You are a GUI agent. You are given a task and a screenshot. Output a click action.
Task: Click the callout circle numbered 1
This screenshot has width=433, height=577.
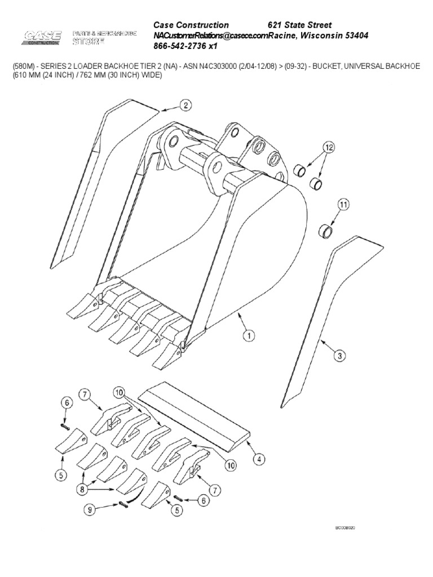[248, 336]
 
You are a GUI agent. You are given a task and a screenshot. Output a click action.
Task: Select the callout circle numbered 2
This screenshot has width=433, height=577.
[185, 105]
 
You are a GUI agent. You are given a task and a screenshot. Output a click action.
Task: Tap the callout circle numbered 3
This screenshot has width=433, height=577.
[339, 356]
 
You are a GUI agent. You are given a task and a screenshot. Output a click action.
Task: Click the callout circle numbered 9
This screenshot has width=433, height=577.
[90, 510]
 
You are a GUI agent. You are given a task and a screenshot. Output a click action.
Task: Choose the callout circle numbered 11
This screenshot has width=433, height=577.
[344, 206]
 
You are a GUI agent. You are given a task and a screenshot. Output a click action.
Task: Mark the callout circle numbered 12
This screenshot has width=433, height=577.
[328, 149]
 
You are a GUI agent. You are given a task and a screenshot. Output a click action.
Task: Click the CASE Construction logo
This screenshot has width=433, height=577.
[42, 38]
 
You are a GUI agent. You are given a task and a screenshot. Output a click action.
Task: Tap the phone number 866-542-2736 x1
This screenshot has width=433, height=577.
[185, 46]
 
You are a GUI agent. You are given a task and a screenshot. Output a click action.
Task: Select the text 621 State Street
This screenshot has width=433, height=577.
[299, 25]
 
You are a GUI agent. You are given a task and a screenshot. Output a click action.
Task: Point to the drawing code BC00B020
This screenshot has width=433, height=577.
[346, 528]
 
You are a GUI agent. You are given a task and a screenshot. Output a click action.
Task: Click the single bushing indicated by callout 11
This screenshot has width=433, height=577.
[326, 230]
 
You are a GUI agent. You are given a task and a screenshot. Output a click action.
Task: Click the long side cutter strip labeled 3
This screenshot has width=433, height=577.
[327, 316]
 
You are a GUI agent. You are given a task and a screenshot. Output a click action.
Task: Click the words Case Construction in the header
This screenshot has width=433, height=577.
[192, 25]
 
